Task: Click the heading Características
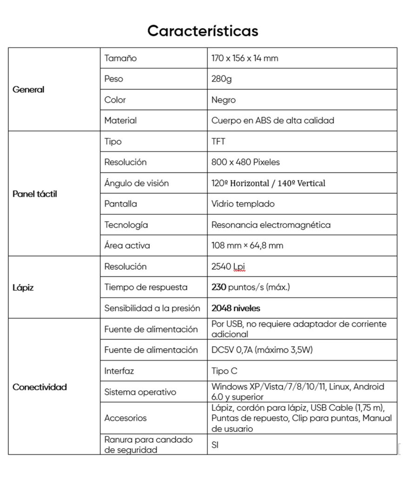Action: click(203, 31)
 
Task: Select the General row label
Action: click(28, 89)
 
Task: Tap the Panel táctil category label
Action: click(35, 194)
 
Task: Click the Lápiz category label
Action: click(23, 287)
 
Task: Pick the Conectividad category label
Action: click(40, 387)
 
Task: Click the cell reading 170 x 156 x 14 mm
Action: click(244, 58)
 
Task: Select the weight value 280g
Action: click(221, 79)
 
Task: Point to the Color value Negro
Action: click(224, 100)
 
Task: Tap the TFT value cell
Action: click(218, 142)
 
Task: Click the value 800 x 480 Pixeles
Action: click(245, 162)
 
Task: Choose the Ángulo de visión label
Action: click(136, 183)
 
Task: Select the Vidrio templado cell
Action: click(243, 204)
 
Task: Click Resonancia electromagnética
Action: click(271, 225)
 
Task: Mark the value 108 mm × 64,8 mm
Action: click(247, 245)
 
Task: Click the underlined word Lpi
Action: click(239, 266)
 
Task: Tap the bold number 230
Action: click(218, 287)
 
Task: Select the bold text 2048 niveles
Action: click(236, 308)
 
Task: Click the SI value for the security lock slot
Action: click(215, 444)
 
